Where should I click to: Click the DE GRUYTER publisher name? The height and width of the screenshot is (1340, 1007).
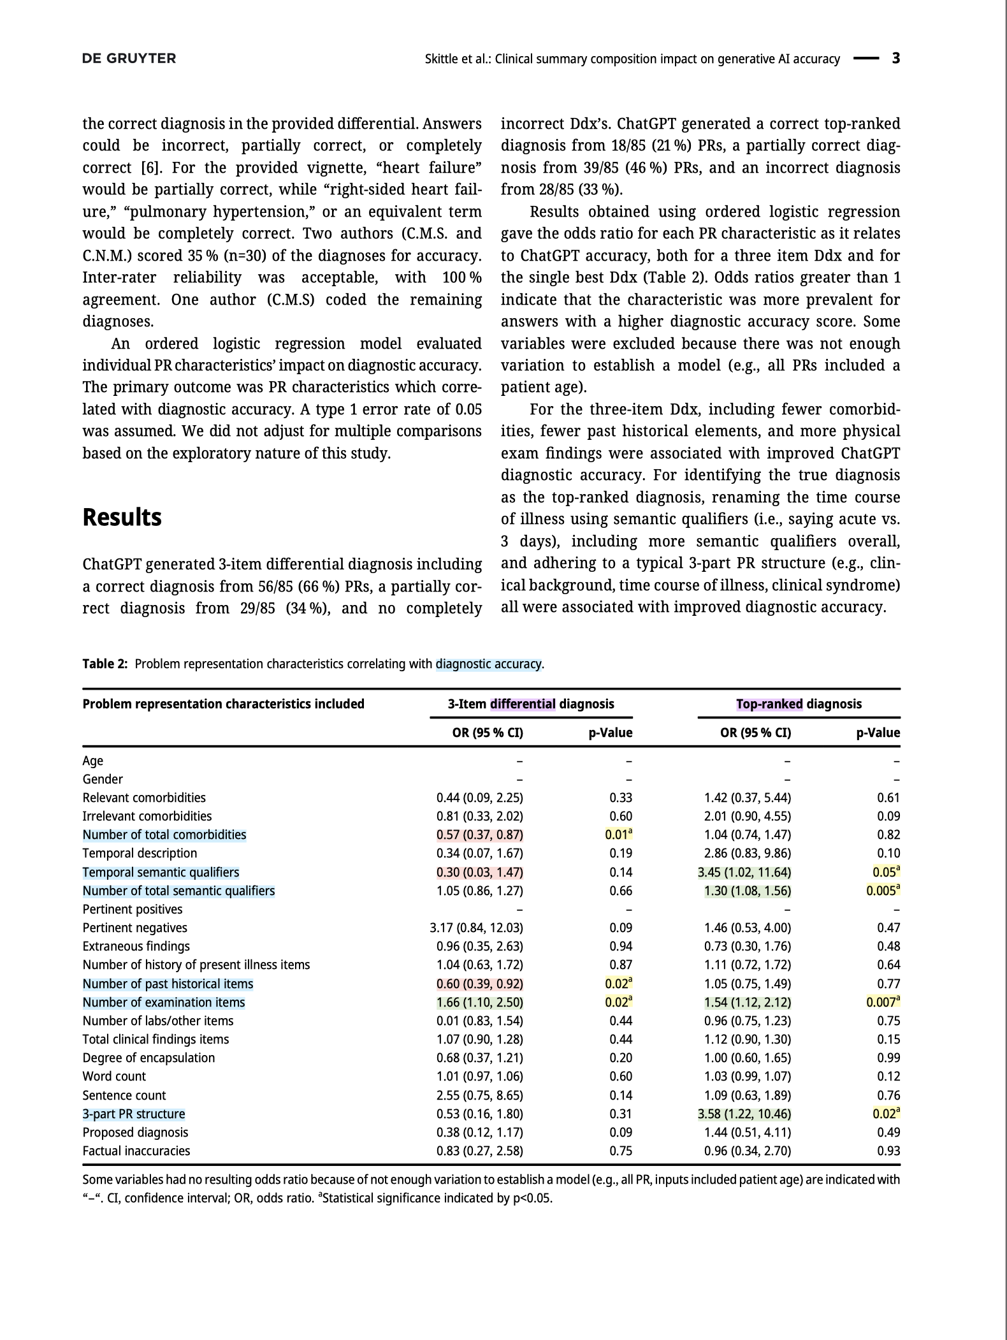click(x=129, y=59)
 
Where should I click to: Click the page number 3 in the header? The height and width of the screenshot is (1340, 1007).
click(x=895, y=59)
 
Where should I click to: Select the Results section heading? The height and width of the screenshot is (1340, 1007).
click(x=122, y=517)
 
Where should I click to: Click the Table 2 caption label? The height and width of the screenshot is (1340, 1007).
click(x=105, y=664)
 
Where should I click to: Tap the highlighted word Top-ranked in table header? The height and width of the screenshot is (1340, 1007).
click(x=769, y=704)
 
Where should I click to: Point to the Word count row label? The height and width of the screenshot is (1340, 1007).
click(x=114, y=1076)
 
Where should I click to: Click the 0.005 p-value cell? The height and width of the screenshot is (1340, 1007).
click(x=882, y=891)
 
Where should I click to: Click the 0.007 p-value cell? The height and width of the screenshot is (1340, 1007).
click(x=882, y=1002)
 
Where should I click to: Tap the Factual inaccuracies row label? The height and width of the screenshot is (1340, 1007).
click(x=136, y=1151)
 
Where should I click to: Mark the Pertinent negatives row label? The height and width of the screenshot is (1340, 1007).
click(x=134, y=928)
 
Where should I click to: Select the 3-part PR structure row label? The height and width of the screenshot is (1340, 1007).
click(x=134, y=1114)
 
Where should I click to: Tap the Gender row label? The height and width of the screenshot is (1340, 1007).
click(x=103, y=779)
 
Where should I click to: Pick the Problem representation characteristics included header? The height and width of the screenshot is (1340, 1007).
click(x=223, y=704)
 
